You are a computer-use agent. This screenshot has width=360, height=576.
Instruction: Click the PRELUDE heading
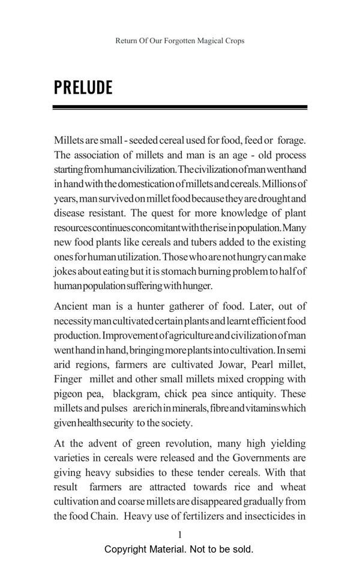coord(83,88)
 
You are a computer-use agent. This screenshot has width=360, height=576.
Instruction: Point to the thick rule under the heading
coord(180,107)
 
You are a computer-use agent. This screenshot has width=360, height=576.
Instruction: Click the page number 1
coord(180,534)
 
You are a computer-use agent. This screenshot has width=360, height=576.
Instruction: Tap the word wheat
coord(292,487)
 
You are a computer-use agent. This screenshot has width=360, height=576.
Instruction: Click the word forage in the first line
coord(290,140)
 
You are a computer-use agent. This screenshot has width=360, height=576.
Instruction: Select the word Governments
coord(259,457)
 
